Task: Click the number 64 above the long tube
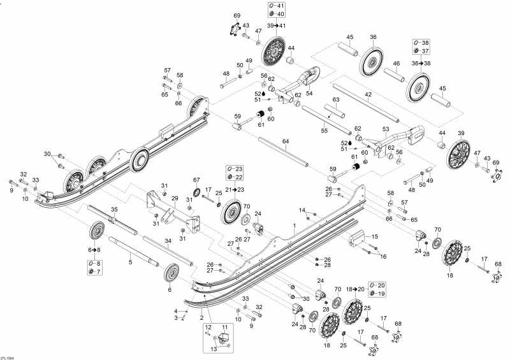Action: [286, 141]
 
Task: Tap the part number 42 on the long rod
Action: [368, 94]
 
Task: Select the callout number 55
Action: [324, 131]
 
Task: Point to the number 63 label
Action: [335, 99]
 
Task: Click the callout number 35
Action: [115, 210]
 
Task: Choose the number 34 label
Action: [168, 240]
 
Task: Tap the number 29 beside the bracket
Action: [173, 199]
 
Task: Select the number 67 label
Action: [196, 180]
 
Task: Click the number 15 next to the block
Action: [374, 236]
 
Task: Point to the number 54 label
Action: [309, 93]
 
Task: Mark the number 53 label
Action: [386, 129]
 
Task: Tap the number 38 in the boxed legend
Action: [425, 43]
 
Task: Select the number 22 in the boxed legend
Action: [238, 177]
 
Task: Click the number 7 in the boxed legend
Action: [98, 272]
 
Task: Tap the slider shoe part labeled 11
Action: [224, 339]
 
